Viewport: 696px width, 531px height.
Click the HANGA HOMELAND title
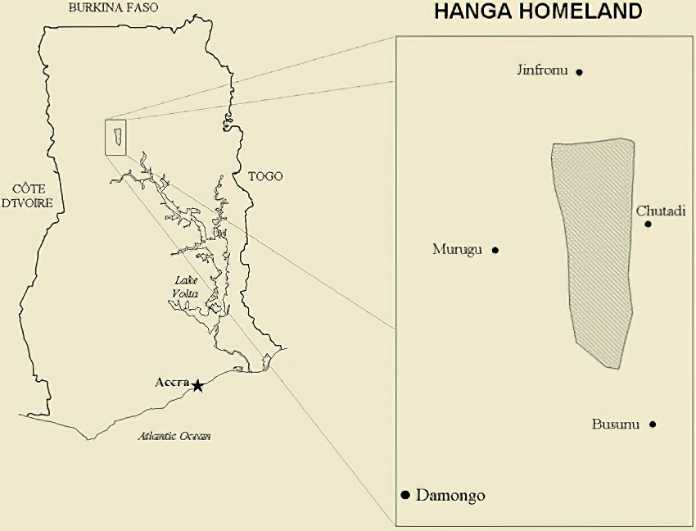coord(538,11)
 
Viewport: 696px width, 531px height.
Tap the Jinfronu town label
coord(542,70)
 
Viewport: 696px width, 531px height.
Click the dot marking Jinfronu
coord(579,72)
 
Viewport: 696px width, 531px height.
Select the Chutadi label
coord(659,211)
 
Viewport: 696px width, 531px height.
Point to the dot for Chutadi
coord(648,224)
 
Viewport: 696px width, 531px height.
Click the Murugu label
coord(458,249)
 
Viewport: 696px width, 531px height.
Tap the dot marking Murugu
coord(495,250)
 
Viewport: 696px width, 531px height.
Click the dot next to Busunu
coord(653,424)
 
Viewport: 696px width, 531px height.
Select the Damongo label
coord(450,495)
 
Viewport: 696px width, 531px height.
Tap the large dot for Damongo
coord(404,495)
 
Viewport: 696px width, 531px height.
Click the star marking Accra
coord(197,384)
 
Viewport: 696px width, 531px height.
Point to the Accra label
coord(172,382)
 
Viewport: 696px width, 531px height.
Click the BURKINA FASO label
coord(114,8)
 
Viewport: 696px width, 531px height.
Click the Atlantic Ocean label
coord(174,436)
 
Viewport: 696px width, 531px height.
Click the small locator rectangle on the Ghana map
coord(115,137)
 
